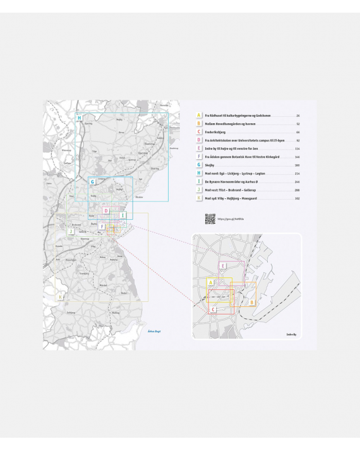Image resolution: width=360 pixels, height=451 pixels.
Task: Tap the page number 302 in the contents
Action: [296, 198]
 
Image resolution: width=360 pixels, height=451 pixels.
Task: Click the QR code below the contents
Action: [210, 219]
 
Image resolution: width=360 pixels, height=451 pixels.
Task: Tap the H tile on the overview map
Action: [79, 118]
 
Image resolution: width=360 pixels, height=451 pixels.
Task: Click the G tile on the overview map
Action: [92, 182]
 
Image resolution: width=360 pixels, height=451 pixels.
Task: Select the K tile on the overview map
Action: [60, 296]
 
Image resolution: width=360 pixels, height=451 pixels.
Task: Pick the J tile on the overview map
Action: [71, 232]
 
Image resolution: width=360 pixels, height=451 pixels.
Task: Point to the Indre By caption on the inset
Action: [291, 332]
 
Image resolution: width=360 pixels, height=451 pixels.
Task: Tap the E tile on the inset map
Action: [223, 266]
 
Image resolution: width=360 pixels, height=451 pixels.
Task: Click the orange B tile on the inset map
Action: [252, 303]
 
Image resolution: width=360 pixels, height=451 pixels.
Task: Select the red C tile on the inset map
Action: [213, 310]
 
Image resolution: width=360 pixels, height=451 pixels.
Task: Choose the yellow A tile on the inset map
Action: [210, 282]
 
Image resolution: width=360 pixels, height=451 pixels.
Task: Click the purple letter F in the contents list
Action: [198, 157]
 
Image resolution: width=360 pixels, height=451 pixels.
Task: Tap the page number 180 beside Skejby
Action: [296, 165]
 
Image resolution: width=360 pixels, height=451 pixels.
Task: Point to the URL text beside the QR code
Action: [230, 219]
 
